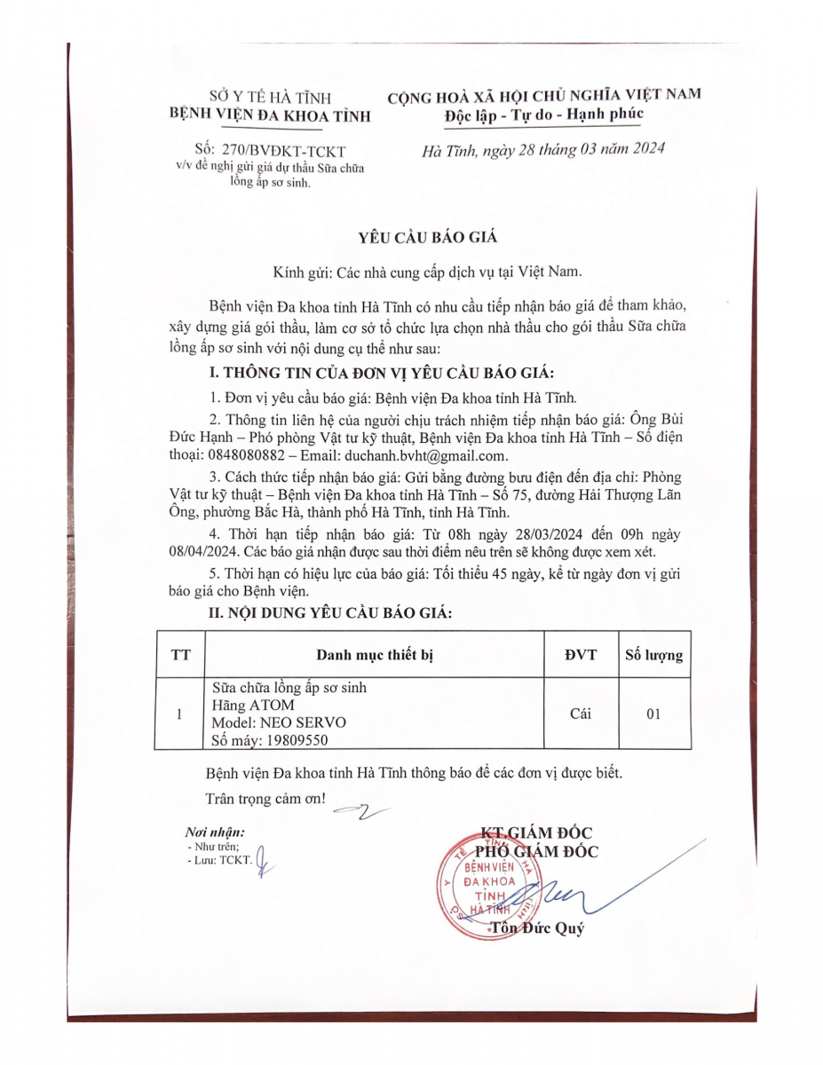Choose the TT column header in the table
point(180,656)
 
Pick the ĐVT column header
point(581,656)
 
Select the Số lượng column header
point(653,656)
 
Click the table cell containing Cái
point(581,714)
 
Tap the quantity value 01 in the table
point(653,714)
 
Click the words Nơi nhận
point(214,832)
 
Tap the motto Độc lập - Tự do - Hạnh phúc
point(544,114)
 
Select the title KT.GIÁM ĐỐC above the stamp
point(536,832)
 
